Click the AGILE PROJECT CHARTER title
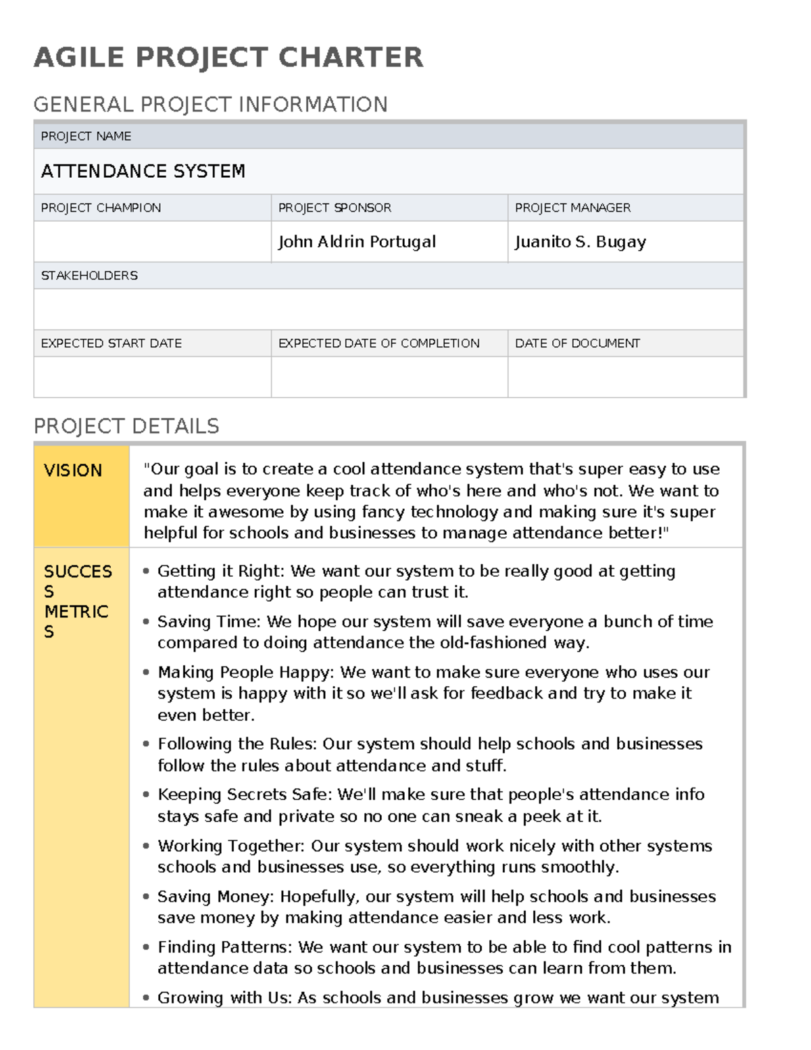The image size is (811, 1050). [228, 57]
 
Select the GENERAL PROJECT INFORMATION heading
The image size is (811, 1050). [210, 104]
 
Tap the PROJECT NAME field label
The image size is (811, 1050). [86, 136]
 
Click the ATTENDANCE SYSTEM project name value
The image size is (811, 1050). [143, 171]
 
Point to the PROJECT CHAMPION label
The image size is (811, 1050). [101, 208]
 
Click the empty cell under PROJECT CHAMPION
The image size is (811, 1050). [152, 241]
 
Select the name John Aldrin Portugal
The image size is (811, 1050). [357, 241]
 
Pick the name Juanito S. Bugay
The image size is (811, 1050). [580, 241]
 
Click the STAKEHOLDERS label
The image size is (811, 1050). [89, 275]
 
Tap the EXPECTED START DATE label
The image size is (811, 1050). [111, 343]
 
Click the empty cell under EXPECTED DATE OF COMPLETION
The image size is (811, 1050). [389, 377]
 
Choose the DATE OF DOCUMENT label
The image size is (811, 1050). [577, 343]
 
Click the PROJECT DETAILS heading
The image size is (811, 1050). [126, 426]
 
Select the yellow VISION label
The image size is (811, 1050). [73, 470]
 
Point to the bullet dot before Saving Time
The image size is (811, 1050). [147, 621]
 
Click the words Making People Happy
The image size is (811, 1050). [245, 672]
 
